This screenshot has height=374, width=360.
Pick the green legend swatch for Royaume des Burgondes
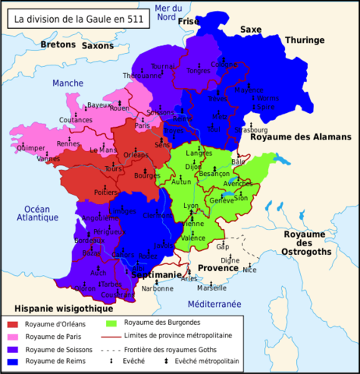tap(111, 323)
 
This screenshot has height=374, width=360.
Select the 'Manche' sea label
tap(68, 83)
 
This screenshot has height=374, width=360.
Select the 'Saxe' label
tap(251, 29)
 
